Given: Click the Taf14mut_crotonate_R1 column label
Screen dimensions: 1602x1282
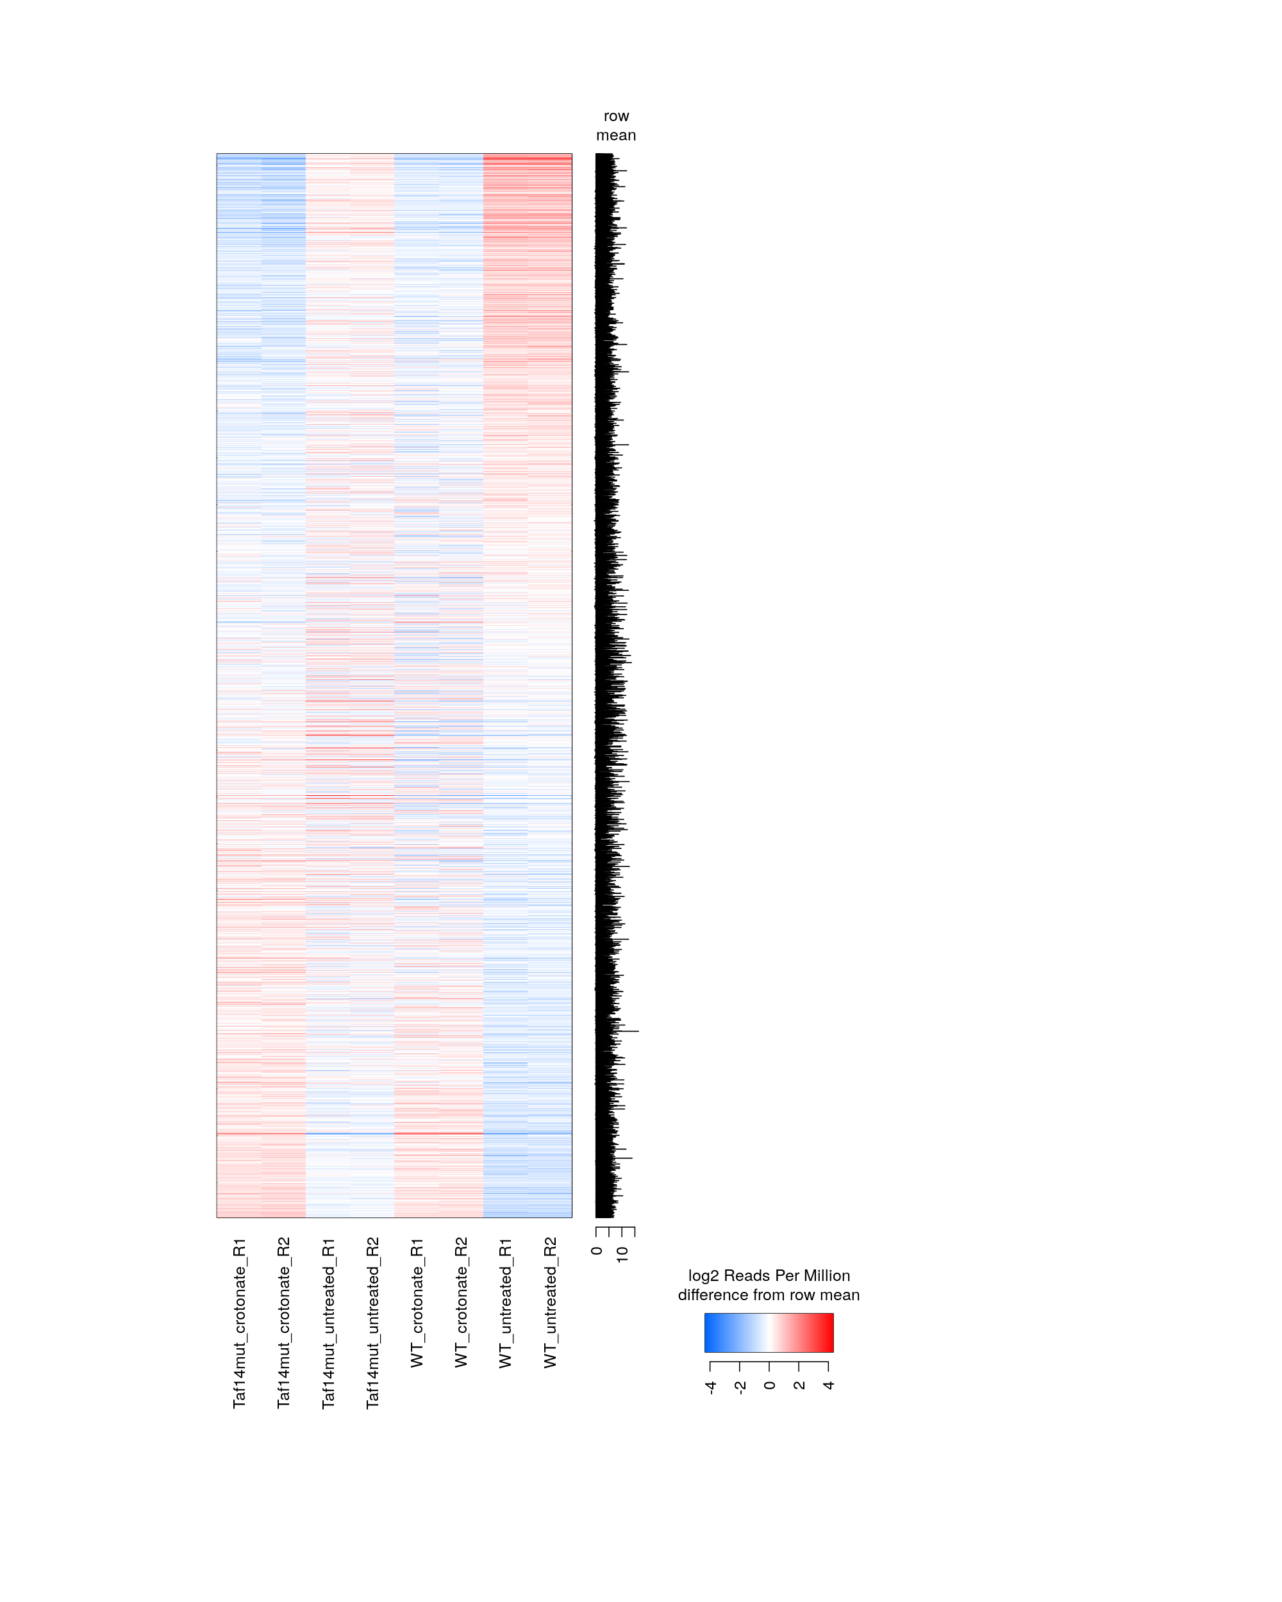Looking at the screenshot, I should click(239, 1323).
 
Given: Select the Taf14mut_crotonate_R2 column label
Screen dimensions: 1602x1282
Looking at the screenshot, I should click(283, 1323).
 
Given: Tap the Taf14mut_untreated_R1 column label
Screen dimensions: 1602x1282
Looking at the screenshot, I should click(328, 1323).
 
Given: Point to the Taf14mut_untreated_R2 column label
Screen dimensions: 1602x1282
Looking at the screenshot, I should click(373, 1323).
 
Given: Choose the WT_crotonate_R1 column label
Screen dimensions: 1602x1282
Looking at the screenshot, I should click(417, 1303).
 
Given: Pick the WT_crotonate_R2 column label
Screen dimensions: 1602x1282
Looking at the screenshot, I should click(462, 1303).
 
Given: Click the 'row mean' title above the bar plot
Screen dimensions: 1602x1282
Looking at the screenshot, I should click(616, 126).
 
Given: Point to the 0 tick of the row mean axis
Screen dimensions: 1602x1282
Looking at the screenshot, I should click(597, 1251).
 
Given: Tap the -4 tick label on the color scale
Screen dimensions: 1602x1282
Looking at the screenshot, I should click(710, 1387).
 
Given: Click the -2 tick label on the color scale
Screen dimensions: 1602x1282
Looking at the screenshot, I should click(740, 1387).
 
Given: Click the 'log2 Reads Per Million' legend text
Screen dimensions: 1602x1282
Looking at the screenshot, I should click(769, 1276).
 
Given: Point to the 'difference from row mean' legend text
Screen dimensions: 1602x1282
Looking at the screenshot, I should click(769, 1295).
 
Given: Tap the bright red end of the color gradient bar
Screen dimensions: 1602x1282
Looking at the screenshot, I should click(827, 1332).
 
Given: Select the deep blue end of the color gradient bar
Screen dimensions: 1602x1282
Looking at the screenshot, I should click(710, 1332).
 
